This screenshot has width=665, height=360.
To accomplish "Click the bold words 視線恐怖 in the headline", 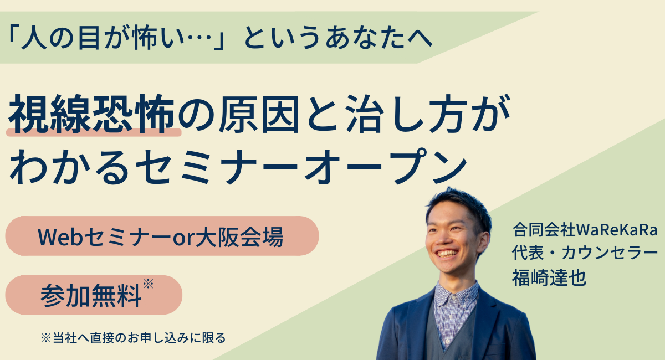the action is click(91, 114).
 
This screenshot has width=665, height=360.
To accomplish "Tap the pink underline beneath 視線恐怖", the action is click(94, 133).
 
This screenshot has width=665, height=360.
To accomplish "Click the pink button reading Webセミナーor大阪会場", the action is click(162, 236).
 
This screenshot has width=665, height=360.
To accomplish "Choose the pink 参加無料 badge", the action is click(94, 295).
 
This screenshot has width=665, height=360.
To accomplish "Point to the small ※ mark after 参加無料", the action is click(148, 284).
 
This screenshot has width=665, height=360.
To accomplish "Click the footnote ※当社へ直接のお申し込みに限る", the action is click(134, 338).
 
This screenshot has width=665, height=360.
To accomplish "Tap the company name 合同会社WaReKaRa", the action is click(585, 230).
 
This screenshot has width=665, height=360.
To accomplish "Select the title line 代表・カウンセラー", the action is click(585, 253).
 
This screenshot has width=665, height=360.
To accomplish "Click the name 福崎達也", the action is click(549, 278).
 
